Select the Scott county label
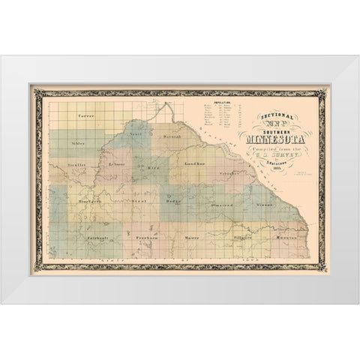(135, 133)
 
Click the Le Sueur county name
(116, 163)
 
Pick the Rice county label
(153, 169)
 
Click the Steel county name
(139, 202)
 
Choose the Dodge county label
(172, 202)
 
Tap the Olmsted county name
(221, 203)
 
